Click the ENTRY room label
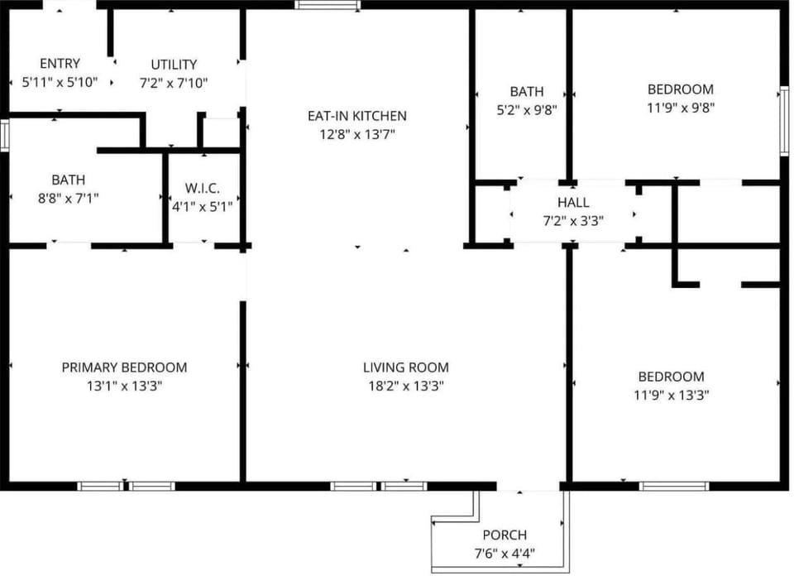click(60, 64)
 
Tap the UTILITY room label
click(174, 65)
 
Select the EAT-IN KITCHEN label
click(357, 116)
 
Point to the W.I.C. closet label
click(202, 188)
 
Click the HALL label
click(573, 203)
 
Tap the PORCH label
click(505, 535)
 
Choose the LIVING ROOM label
click(405, 367)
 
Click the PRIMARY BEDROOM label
click(124, 367)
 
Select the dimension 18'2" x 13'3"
click(405, 386)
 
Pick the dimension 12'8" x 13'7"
click(357, 135)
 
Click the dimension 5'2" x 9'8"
click(527, 110)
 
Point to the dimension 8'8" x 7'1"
click(69, 198)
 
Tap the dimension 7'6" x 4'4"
click(505, 553)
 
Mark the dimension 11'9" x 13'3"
click(671, 395)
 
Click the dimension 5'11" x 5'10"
click(60, 82)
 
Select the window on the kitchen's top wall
click(328, 5)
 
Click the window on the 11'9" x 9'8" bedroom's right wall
click(784, 121)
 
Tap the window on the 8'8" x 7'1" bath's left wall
click(5, 135)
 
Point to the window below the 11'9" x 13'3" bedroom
click(673, 487)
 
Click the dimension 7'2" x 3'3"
click(573, 222)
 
